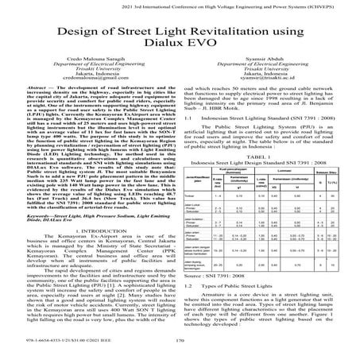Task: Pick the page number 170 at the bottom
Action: (180, 346)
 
